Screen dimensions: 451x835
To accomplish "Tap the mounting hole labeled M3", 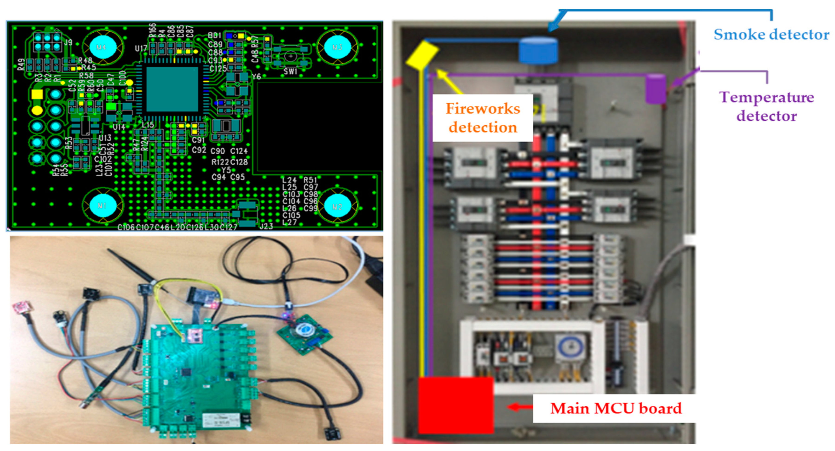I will [x=337, y=47].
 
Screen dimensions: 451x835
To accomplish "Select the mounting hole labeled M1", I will [x=102, y=206].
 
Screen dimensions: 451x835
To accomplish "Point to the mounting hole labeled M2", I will [x=337, y=206].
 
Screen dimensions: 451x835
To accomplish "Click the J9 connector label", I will [x=68, y=42].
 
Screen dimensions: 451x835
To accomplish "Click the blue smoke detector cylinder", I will [x=538, y=50].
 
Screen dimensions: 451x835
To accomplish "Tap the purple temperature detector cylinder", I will [x=655, y=89].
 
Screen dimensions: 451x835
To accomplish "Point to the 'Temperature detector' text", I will [x=767, y=107].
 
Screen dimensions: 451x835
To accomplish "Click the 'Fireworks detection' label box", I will [x=483, y=118].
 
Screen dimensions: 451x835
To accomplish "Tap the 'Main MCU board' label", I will [x=616, y=408].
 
